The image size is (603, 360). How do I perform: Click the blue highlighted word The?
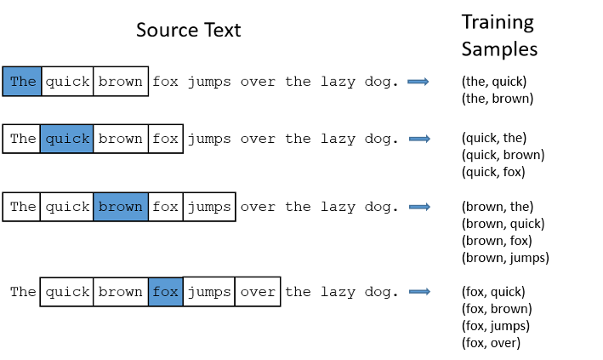pos(23,81)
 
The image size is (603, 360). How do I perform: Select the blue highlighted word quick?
pos(67,139)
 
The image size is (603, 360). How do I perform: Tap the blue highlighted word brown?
pos(121,207)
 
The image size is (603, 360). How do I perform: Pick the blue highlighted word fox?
pos(165,292)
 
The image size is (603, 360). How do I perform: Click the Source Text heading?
pos(189,30)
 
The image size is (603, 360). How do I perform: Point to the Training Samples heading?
pos(499,36)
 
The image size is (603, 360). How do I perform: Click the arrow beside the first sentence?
pos(418,82)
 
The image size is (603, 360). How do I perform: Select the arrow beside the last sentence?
pos(419,292)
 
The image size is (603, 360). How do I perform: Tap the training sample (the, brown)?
pos(498,99)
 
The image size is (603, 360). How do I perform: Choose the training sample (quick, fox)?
pos(493,172)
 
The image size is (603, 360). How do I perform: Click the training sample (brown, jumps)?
pos(505,258)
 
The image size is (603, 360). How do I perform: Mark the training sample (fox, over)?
pos(491,343)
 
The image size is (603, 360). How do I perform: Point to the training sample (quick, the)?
pos(494,138)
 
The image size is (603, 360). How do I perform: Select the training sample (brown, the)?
pos(498,207)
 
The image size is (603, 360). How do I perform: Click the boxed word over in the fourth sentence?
pos(258,292)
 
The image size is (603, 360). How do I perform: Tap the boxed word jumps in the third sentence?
pos(209,207)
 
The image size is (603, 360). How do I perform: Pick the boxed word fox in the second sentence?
pos(165,139)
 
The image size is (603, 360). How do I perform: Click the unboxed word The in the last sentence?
pos(23,291)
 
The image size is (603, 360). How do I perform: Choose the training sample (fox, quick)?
pos(493,292)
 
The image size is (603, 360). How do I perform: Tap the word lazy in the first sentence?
pos(338,82)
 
